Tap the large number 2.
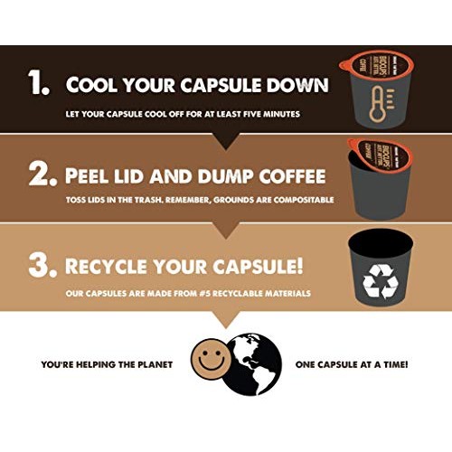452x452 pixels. click(41, 173)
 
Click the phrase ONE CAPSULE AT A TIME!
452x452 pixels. click(351, 364)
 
